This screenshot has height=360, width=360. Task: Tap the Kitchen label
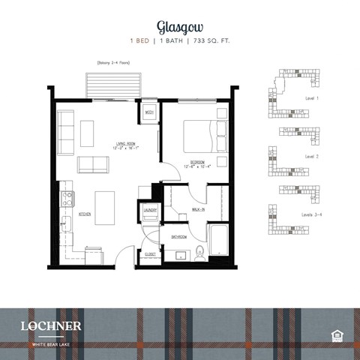click(85, 214)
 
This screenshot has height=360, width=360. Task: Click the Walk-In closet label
click(199, 210)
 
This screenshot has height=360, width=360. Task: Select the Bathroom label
click(178, 236)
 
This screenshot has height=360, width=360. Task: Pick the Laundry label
click(150, 211)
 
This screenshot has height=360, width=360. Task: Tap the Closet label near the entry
click(148, 255)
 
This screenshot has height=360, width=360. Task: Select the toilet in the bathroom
click(200, 252)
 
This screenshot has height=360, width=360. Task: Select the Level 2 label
click(312, 156)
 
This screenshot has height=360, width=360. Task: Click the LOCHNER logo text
click(52, 326)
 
